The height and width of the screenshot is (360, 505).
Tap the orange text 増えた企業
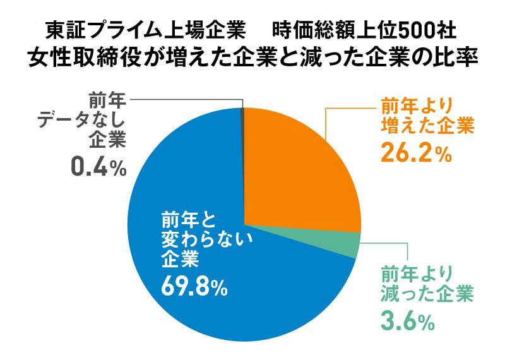[x=427, y=126]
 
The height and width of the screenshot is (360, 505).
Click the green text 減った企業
[x=427, y=294]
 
